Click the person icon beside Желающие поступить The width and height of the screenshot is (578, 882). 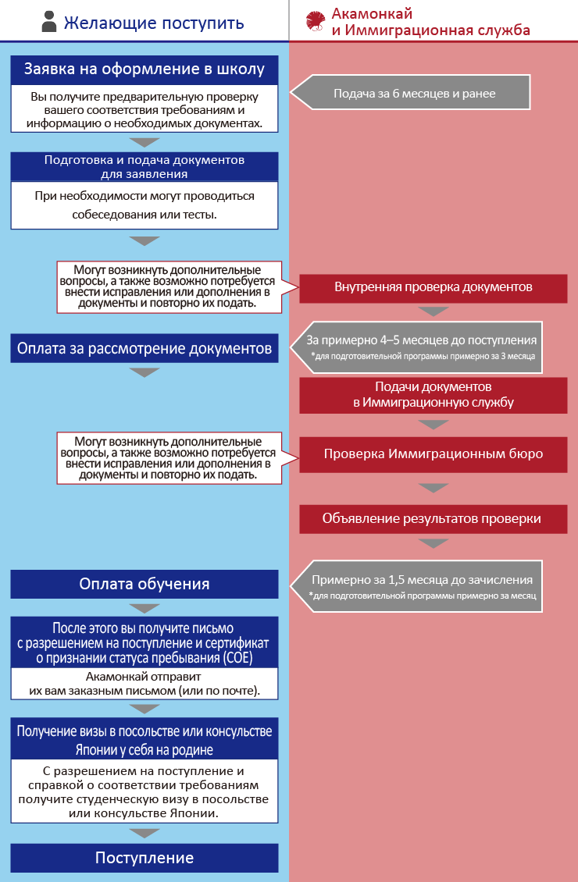coord(49,22)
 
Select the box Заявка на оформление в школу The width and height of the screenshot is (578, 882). coord(144,69)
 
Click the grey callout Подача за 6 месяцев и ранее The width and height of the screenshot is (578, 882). coord(414,93)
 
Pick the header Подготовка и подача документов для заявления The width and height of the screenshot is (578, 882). coord(144,166)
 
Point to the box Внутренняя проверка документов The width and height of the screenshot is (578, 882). coord(433,286)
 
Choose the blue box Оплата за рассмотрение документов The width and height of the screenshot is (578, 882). coord(144,348)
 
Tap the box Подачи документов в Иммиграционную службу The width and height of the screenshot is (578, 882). coord(433,395)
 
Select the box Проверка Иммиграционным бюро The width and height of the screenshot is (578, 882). coord(433,453)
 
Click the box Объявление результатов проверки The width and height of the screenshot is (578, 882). coord(433,518)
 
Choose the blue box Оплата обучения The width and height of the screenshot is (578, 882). coord(144,584)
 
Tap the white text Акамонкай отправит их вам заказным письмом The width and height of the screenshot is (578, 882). coord(144,685)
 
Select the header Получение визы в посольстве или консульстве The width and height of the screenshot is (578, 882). coord(144,739)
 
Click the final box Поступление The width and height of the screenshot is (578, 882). coord(144,858)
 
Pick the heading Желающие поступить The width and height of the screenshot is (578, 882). coord(153,23)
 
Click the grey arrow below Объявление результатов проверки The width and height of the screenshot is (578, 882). coord(433,544)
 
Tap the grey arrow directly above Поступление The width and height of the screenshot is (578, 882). coord(144,832)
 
